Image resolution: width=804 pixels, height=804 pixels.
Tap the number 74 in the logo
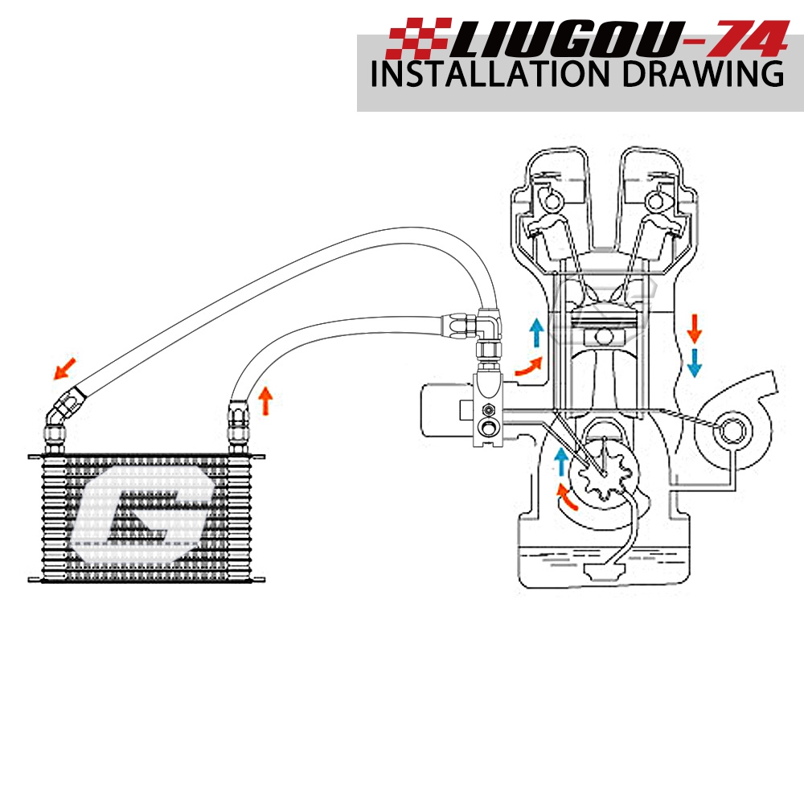click(x=739, y=37)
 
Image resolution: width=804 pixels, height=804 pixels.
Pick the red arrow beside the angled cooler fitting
click(x=64, y=369)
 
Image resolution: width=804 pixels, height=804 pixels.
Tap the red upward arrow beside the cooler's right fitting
click(x=266, y=397)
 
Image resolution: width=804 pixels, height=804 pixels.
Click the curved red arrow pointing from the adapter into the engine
click(x=527, y=367)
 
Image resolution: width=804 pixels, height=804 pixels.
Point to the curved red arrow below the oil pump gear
click(x=568, y=497)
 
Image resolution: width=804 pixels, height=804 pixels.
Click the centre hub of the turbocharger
click(x=729, y=430)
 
